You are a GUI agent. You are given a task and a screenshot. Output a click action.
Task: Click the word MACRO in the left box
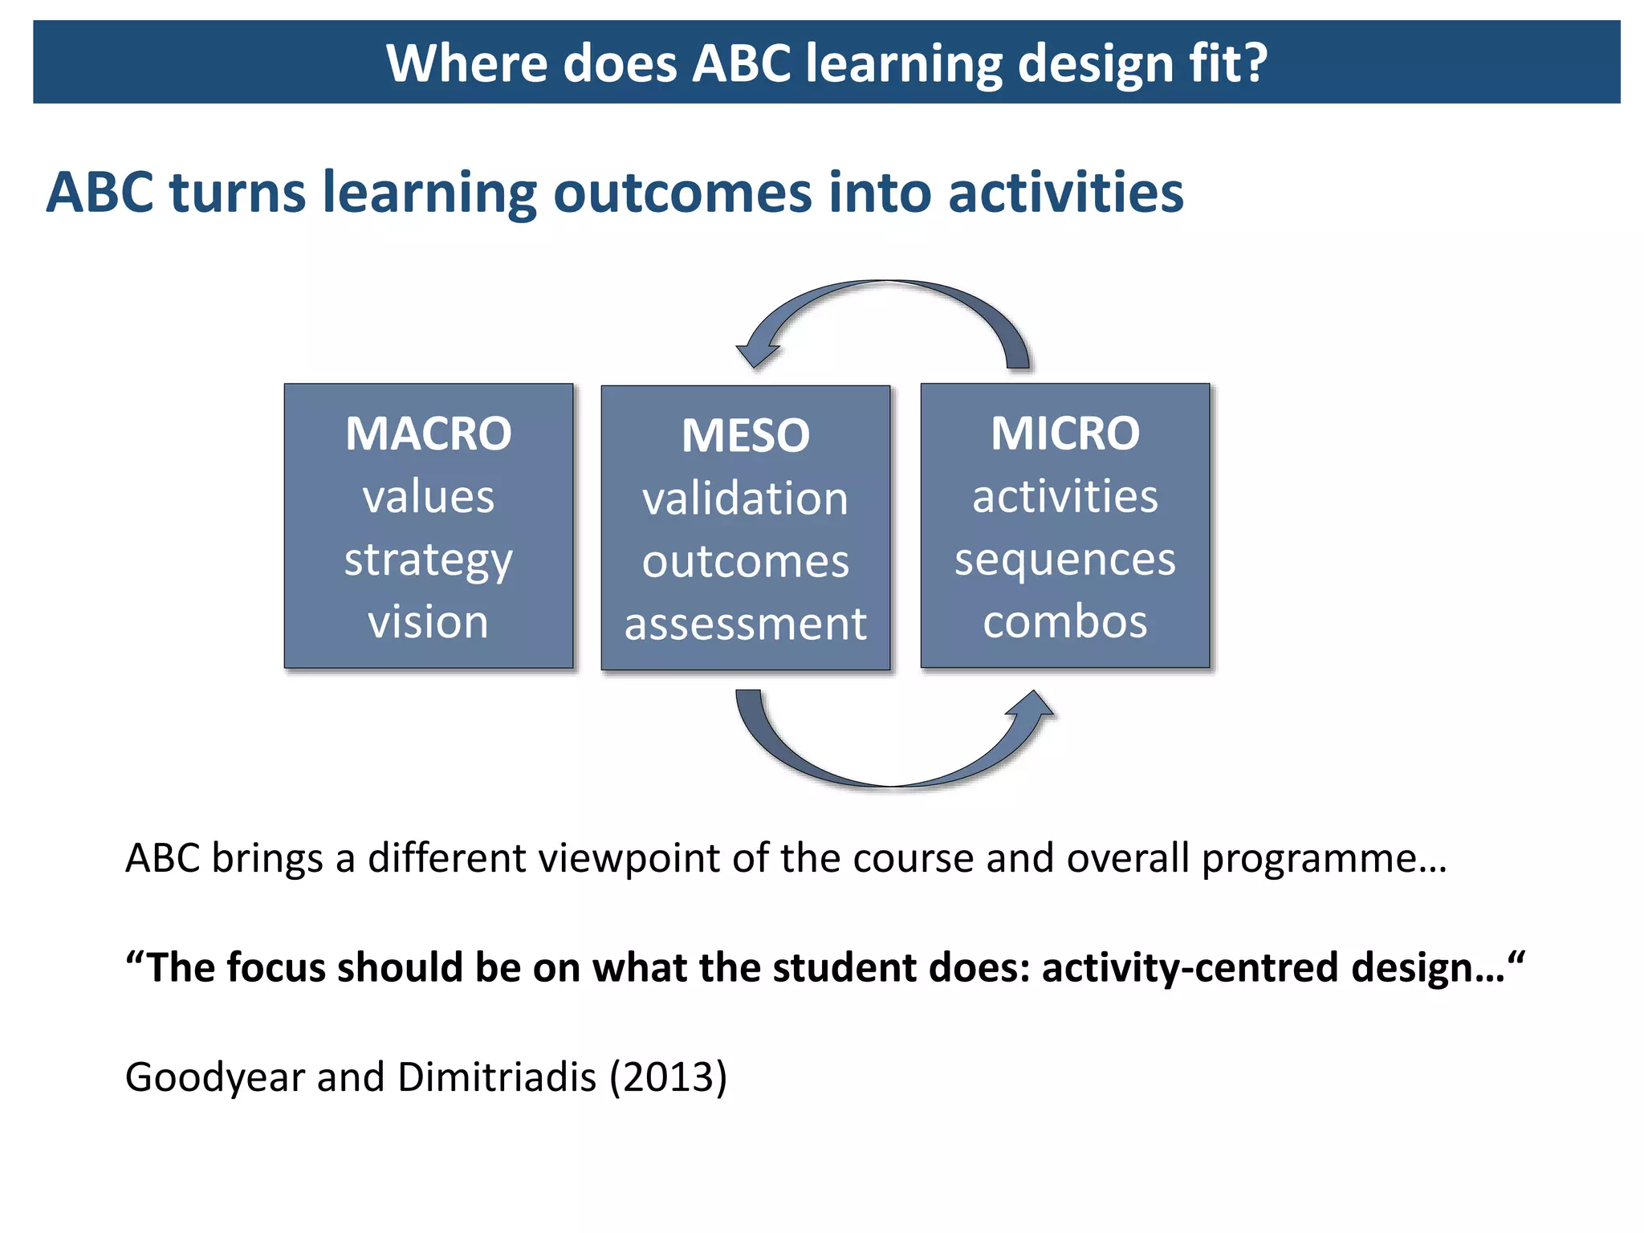[x=428, y=434]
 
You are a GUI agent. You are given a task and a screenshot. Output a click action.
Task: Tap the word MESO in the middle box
[x=745, y=436]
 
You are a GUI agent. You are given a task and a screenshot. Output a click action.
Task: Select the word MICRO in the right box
[x=1064, y=433]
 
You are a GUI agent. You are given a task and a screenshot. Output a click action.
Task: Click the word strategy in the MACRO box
[x=428, y=560]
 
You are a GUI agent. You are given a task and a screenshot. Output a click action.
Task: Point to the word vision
[x=428, y=622]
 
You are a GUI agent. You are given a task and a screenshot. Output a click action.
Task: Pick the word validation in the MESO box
[x=745, y=498]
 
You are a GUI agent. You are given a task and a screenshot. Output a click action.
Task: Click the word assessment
[x=745, y=625]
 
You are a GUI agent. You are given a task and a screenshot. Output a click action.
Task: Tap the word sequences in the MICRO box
[x=1064, y=560]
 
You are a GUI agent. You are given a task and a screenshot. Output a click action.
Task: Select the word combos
[x=1064, y=622]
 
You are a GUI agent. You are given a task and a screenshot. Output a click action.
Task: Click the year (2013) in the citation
[x=668, y=1076]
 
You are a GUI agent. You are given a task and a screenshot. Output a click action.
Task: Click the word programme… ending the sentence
[x=1324, y=859]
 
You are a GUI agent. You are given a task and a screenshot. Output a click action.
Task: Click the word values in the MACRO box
[x=428, y=497]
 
